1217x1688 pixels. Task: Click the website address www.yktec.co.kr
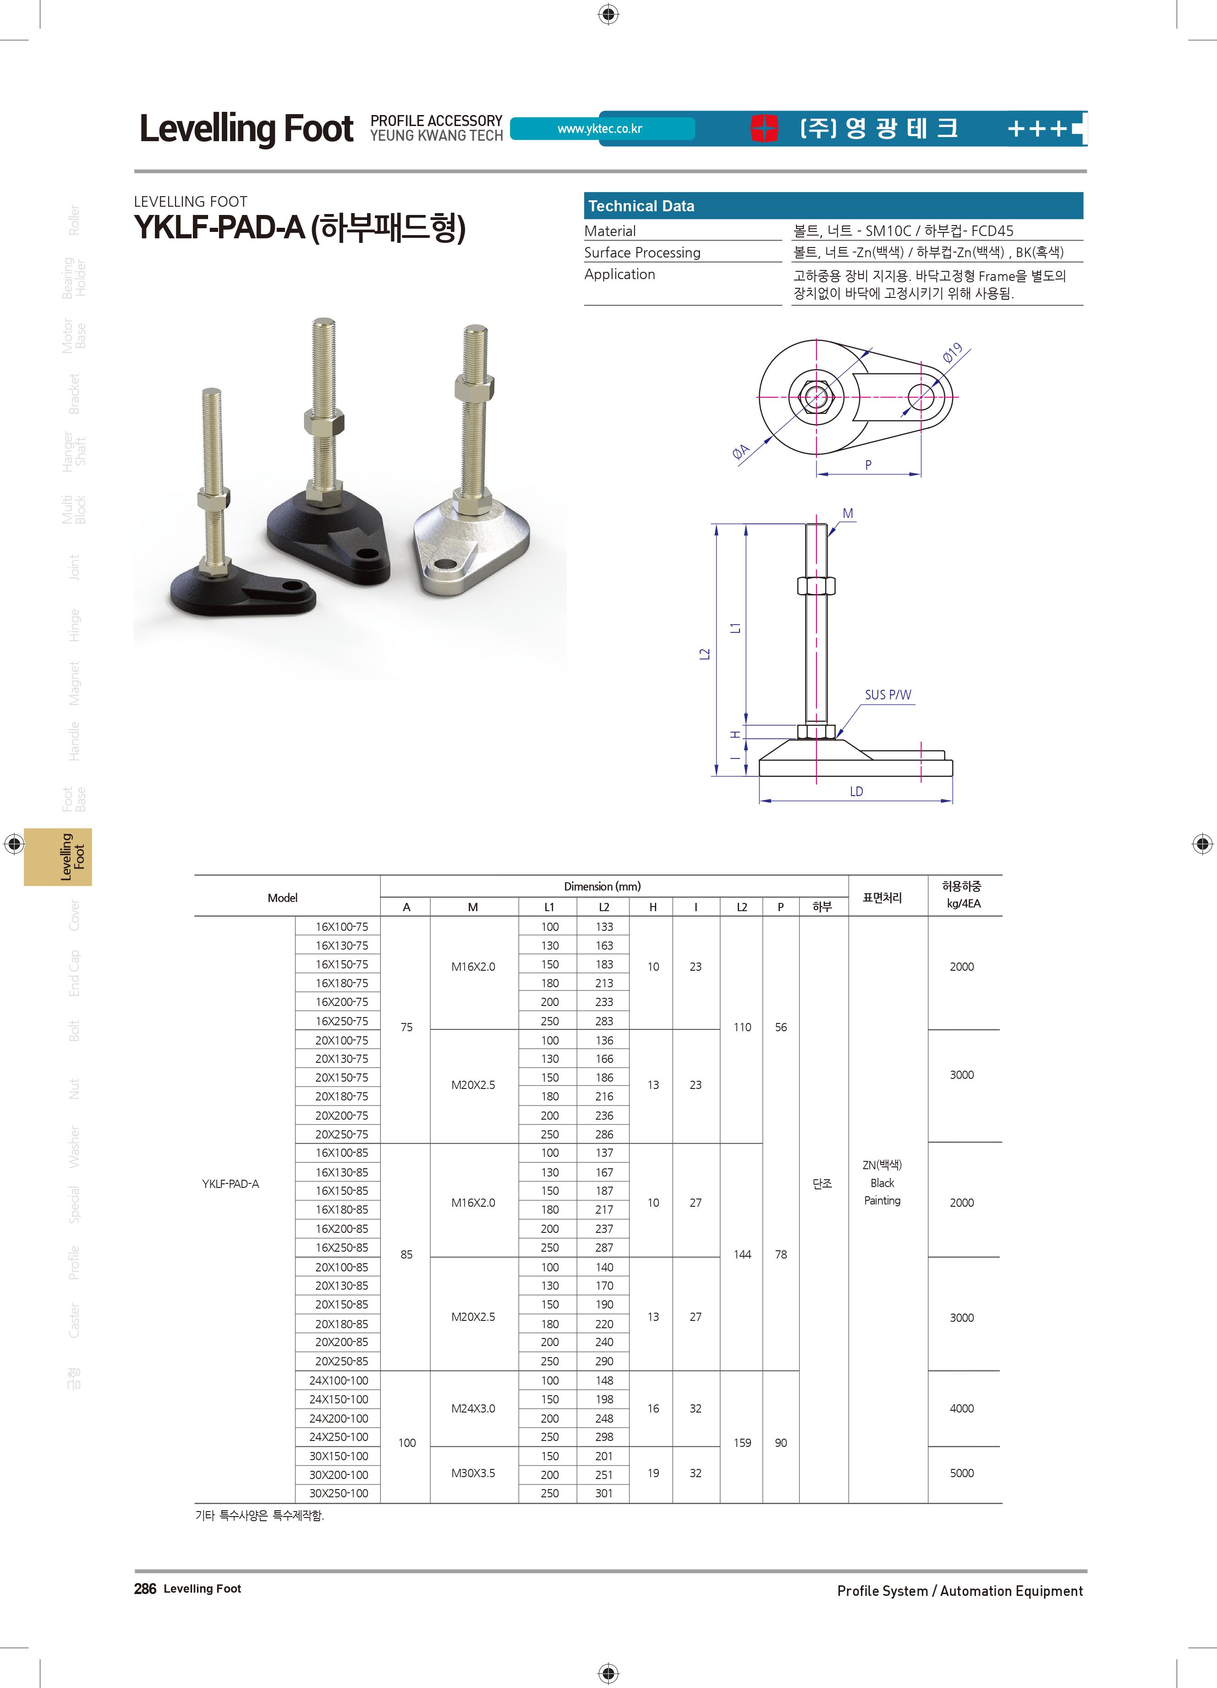600,129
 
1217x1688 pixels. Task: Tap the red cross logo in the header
764,128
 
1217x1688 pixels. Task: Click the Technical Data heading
641,206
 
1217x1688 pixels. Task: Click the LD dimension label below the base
856,791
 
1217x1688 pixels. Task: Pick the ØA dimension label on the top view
741,452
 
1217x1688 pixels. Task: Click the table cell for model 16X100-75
341,927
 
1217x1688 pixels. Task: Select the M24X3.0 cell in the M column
473,1408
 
